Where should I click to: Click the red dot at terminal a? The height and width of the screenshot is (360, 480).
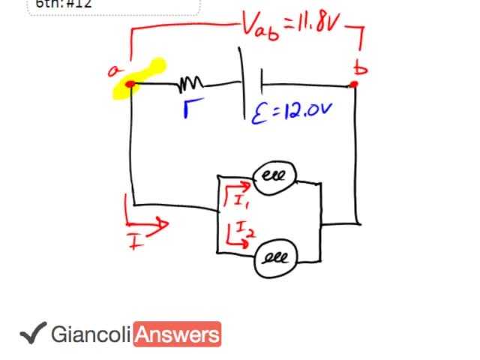[130, 84]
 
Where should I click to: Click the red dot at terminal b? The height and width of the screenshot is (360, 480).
[355, 84]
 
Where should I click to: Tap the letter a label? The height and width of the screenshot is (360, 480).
[115, 71]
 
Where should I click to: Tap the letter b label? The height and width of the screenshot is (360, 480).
[361, 68]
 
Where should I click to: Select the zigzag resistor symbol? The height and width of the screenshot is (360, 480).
[190, 82]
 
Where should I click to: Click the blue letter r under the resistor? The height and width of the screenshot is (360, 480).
[190, 111]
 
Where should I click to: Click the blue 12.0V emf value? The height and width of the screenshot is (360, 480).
[304, 112]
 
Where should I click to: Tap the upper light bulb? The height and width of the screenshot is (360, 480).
[274, 177]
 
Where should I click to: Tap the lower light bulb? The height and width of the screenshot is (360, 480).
[275, 259]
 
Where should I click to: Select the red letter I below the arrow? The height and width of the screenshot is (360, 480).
[135, 241]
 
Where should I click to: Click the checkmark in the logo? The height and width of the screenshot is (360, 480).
[32, 333]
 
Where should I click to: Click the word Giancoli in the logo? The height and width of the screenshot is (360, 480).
[91, 334]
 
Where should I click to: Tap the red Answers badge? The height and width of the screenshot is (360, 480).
[177, 334]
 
